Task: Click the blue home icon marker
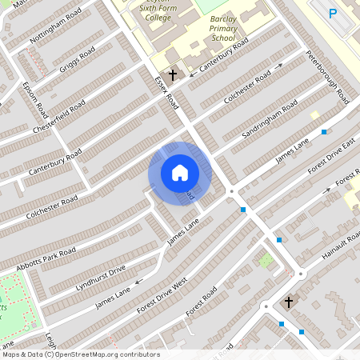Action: pyautogui.click(x=180, y=173)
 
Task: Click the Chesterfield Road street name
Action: pyautogui.click(x=58, y=118)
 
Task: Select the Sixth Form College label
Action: pyautogui.click(x=155, y=13)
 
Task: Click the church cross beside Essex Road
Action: pyautogui.click(x=172, y=74)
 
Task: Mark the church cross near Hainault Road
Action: pyautogui.click(x=289, y=302)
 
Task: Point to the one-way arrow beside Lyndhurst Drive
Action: pyautogui.click(x=138, y=281)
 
